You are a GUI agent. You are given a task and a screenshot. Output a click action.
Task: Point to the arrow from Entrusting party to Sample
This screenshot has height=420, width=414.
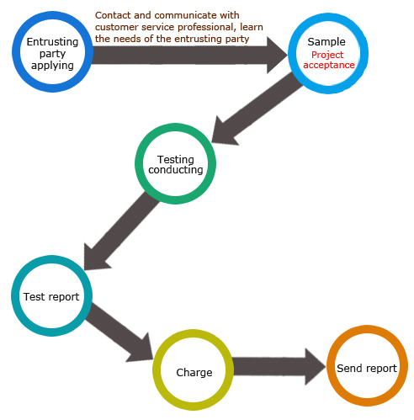(x=189, y=56)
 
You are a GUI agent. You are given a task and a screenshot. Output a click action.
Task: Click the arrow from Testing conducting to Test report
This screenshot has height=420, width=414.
(x=122, y=231)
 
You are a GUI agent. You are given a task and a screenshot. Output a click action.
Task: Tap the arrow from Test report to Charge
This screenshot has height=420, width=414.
(x=119, y=332)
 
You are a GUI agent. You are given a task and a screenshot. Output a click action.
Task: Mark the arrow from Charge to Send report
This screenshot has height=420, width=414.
(x=279, y=366)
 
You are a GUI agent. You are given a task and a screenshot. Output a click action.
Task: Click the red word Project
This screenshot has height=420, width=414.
(x=327, y=55)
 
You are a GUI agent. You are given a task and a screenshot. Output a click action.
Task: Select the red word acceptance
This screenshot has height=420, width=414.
(x=329, y=65)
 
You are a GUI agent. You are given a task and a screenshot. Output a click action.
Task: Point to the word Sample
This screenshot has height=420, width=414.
(x=326, y=42)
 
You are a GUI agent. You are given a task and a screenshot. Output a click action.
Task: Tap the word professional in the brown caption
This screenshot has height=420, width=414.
(x=205, y=27)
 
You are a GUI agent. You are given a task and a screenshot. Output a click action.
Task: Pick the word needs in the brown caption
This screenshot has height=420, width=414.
(x=130, y=39)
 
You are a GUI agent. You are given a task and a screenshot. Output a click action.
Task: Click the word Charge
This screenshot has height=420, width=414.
(x=194, y=373)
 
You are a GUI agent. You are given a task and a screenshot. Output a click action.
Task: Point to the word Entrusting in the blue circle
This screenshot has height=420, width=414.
(x=52, y=42)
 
